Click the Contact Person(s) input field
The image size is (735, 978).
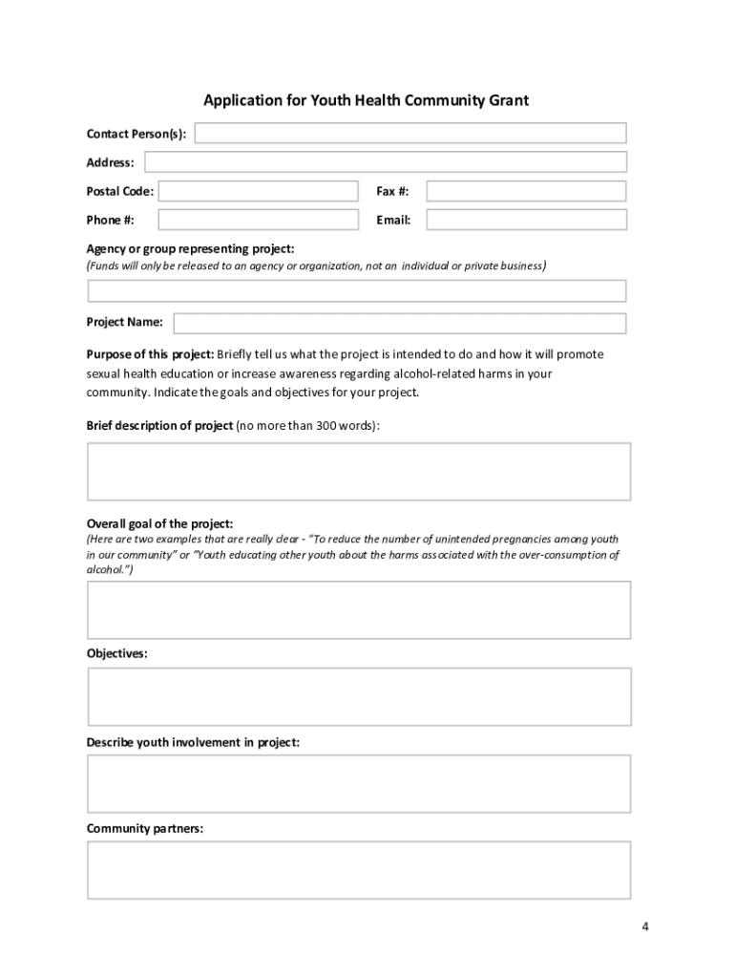[x=410, y=133]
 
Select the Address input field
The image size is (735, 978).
[x=385, y=162]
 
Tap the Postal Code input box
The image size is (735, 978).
[x=258, y=191]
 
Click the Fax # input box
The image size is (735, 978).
[x=526, y=191]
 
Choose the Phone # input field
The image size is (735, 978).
[x=258, y=220]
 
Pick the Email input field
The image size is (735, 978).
[x=526, y=220]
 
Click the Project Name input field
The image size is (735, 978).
[x=399, y=322]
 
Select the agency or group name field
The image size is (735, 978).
[x=357, y=290]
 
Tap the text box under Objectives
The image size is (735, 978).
[x=359, y=696]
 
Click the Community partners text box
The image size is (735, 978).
[x=359, y=869]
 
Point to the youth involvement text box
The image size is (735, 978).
[x=359, y=783]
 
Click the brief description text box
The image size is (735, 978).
[x=359, y=471]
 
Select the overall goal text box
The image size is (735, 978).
[x=359, y=609]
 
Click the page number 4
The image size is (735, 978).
[x=645, y=926]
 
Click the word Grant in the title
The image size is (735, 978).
[x=508, y=99]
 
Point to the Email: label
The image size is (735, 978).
[x=393, y=221]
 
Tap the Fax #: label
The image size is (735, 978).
[x=392, y=192]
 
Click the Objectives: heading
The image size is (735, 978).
[x=117, y=654]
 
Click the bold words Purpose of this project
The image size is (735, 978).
[x=150, y=354]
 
